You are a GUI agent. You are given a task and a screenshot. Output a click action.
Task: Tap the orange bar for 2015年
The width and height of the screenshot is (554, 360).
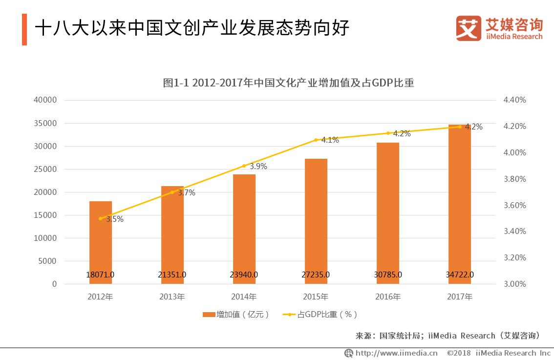(316, 221)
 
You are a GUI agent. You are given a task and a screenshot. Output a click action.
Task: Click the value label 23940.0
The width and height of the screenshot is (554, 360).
(244, 275)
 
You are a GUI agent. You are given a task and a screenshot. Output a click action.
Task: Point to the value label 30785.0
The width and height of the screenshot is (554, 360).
(388, 275)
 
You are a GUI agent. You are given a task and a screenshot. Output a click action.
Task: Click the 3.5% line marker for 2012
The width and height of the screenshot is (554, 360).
(101, 218)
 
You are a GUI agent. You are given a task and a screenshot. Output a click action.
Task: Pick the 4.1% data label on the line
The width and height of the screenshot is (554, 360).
(330, 140)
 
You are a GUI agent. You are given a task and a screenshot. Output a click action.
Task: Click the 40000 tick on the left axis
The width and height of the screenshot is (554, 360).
(45, 100)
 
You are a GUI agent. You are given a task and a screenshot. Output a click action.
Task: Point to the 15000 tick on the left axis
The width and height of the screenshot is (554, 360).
(45, 215)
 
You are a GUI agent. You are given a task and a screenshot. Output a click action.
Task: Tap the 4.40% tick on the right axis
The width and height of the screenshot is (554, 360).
(514, 100)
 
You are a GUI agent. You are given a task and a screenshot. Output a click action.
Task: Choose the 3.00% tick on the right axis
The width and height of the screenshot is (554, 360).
(514, 284)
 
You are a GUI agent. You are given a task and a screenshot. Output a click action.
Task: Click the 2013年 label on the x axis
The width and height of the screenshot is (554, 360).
(172, 297)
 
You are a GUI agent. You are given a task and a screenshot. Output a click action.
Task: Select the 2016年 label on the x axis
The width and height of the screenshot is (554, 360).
(388, 297)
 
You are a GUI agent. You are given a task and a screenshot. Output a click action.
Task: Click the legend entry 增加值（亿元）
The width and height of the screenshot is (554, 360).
(236, 315)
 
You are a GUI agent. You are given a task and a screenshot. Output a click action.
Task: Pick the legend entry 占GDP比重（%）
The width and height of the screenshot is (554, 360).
(320, 315)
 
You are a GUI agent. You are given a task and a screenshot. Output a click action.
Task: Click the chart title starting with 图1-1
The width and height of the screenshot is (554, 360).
(288, 83)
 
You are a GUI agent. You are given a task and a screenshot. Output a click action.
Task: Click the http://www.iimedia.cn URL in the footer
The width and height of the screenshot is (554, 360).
(396, 353)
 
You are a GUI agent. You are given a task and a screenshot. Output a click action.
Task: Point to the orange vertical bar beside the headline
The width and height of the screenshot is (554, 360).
(24, 29)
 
